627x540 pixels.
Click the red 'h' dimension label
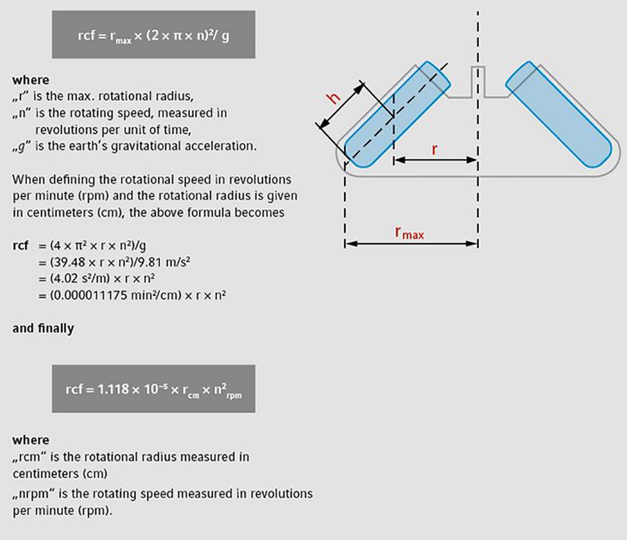point(333,98)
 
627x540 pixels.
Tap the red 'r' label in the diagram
point(434,150)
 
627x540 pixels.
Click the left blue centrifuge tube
point(397,114)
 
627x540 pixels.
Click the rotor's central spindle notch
point(478,81)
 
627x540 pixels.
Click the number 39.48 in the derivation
point(70,262)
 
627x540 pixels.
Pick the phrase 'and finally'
point(43,328)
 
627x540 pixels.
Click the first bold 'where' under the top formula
point(30,80)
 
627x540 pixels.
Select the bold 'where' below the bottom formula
point(30,440)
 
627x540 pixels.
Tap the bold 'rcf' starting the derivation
point(21,245)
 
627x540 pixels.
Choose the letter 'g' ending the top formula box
point(225,37)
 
